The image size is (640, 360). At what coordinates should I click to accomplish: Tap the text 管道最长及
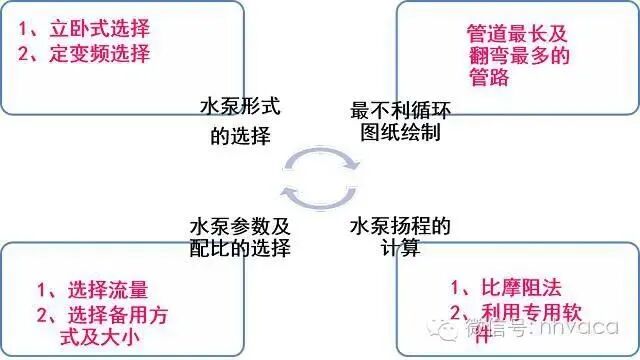pos(516,33)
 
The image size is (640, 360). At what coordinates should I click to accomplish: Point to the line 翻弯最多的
pos(516,55)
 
